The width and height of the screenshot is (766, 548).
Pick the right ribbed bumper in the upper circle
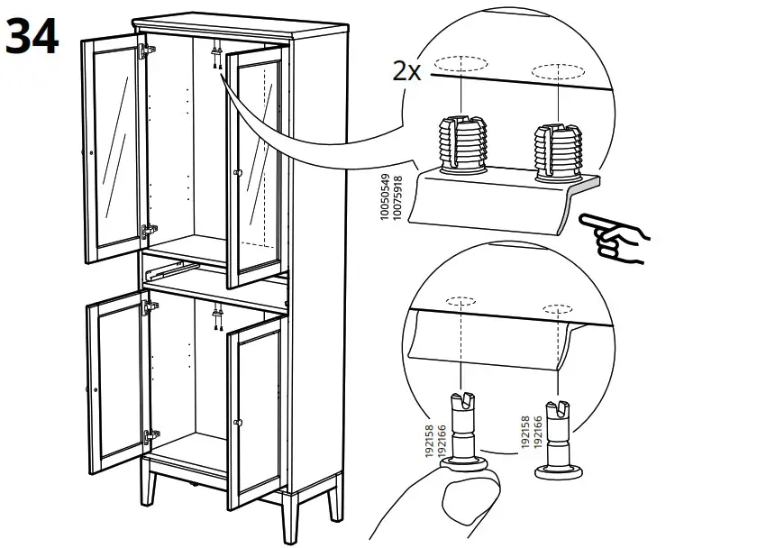(x=556, y=149)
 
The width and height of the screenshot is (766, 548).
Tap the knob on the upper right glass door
(x=238, y=172)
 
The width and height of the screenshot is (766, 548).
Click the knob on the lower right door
(x=240, y=422)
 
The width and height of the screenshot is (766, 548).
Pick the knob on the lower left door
(x=95, y=388)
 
